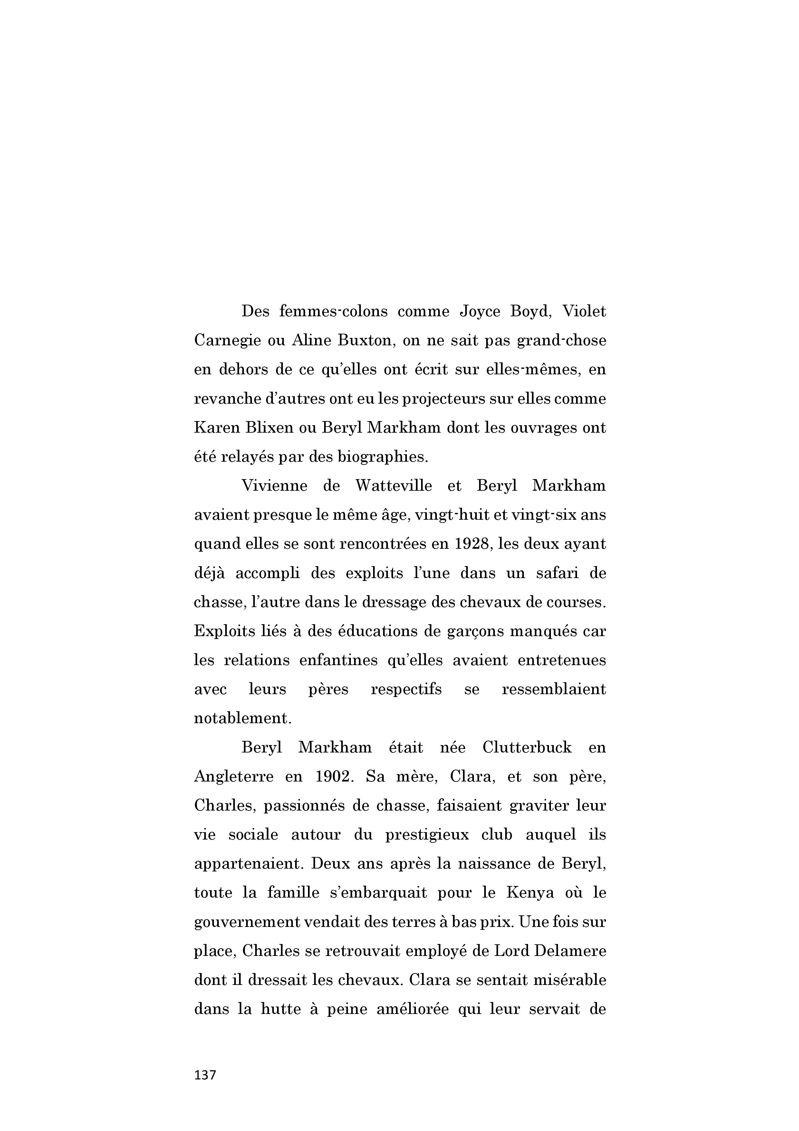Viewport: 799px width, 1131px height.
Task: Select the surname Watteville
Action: [394, 486]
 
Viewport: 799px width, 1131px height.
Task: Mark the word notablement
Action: [243, 718]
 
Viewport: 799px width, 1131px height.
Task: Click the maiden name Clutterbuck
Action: [527, 747]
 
